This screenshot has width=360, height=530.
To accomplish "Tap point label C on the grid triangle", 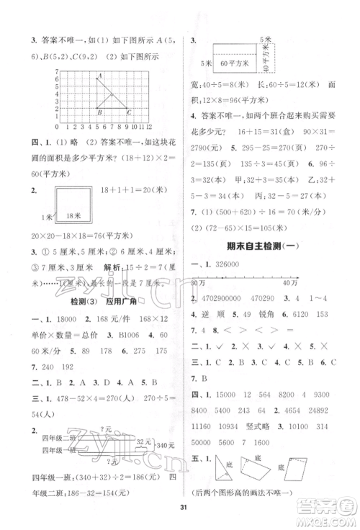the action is pos(128,111).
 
